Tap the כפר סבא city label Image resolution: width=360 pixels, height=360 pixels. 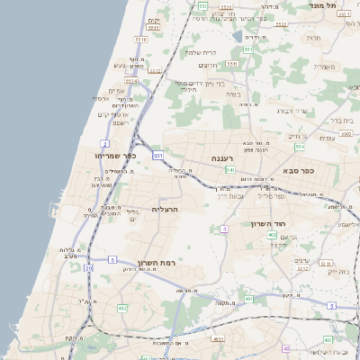[x=321, y=169]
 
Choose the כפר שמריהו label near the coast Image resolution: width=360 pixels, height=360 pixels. [x=113, y=155]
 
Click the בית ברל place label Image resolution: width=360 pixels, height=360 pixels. [x=343, y=120]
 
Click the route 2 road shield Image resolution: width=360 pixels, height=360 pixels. [x=105, y=144]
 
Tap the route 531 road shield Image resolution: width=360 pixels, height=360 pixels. [x=158, y=156]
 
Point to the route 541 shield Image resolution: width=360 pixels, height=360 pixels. [x=230, y=169]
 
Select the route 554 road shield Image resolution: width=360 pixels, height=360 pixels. [x=299, y=147]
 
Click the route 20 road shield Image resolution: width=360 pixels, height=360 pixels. [x=88, y=268]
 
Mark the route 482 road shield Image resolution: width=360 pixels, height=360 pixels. [x=122, y=308]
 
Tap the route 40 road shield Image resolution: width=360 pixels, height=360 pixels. [x=287, y=347]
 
